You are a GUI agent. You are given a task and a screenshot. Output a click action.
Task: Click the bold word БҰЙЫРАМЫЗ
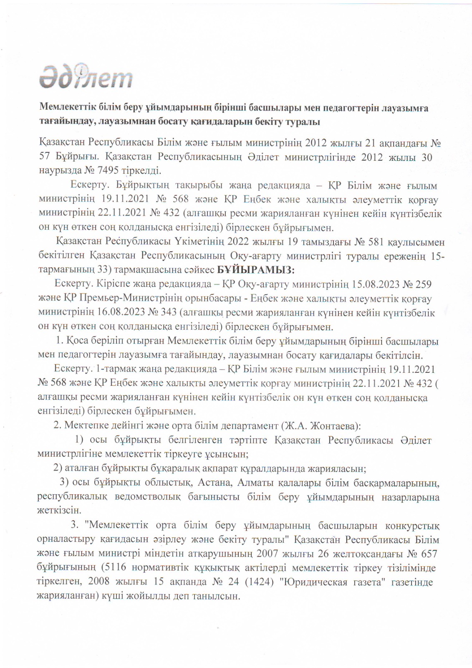tap(256, 270)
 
